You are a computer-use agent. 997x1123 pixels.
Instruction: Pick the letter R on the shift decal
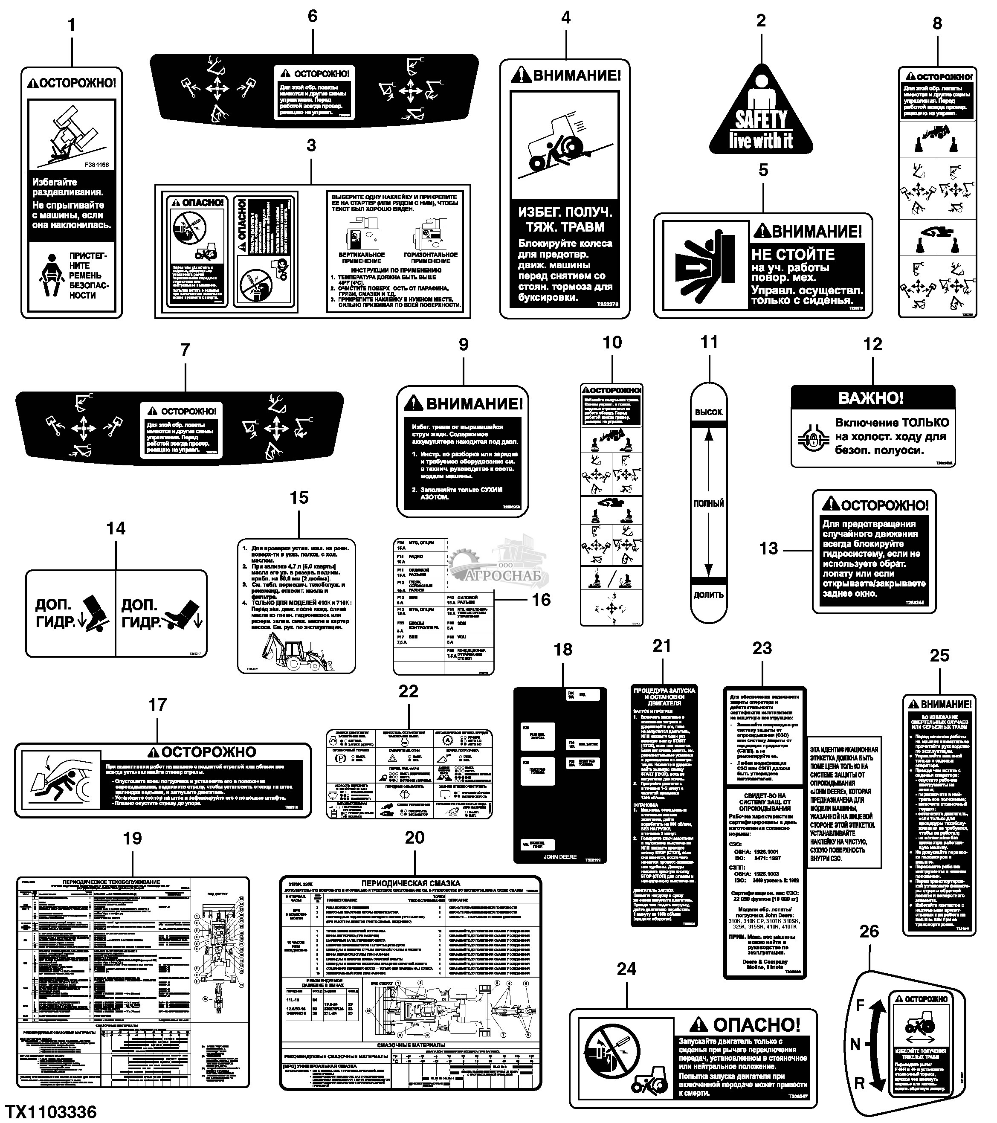(x=860, y=1083)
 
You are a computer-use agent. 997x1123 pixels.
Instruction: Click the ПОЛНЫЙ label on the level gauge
(x=709, y=503)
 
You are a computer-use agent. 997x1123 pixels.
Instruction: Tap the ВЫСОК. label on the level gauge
(x=709, y=412)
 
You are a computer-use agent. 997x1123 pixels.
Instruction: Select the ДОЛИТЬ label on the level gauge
(x=709, y=595)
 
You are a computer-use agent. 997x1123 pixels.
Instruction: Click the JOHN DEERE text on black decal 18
(x=560, y=856)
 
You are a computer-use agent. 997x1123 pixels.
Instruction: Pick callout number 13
(x=768, y=548)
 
